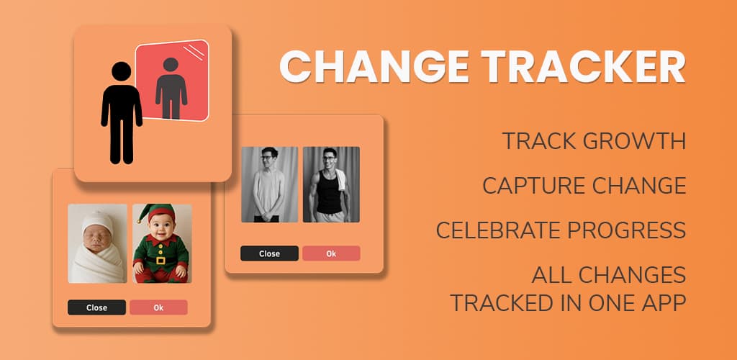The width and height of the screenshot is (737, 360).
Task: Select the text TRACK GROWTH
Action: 594,141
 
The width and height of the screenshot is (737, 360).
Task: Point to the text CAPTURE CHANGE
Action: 584,186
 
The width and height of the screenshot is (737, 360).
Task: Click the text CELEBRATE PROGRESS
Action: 561,230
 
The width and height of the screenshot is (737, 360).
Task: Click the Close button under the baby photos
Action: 96,307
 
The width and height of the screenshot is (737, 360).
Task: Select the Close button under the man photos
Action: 269,253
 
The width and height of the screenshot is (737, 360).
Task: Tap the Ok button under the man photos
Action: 331,253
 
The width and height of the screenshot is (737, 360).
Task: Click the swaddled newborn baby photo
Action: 97,243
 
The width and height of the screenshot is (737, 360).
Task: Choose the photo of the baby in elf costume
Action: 162,243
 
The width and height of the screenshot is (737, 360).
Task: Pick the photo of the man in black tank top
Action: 331,184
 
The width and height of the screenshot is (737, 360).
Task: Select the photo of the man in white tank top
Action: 269,184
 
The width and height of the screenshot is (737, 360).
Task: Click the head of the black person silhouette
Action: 122,71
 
